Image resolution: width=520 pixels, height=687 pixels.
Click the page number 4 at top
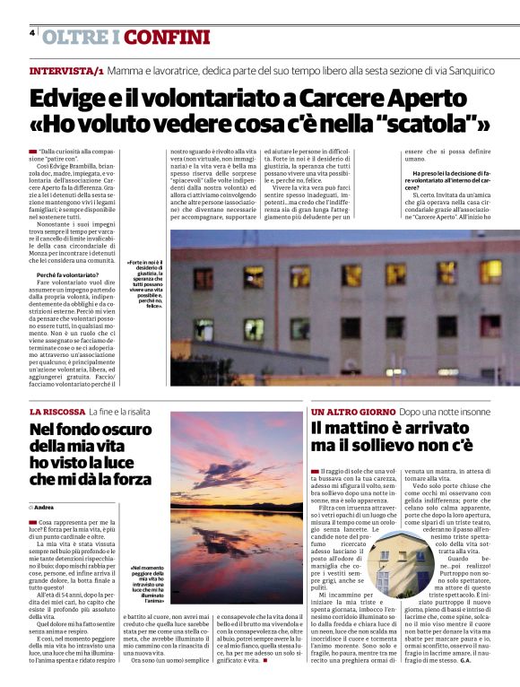pos(32,33)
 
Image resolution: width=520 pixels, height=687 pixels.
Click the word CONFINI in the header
pos(168,38)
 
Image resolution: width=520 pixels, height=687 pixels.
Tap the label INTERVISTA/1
pos(66,70)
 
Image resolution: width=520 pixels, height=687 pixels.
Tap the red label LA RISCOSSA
pos(56,411)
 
